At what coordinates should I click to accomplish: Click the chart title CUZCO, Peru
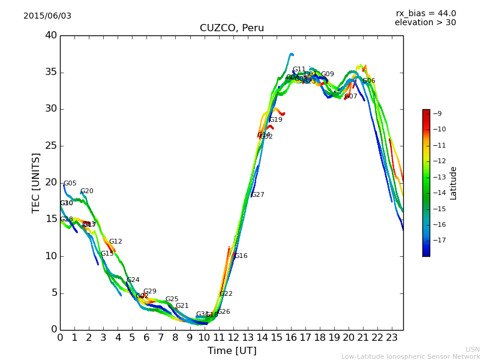coord(232,28)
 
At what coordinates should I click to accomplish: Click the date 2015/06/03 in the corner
coord(47,16)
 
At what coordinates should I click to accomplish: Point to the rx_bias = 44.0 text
coord(425,13)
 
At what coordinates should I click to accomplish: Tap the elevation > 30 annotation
coord(425,23)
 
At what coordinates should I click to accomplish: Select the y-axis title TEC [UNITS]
coord(37,182)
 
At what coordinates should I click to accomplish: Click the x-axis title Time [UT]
coord(232,351)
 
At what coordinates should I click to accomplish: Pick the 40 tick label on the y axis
coord(51,35)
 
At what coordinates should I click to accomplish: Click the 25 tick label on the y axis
coord(51,146)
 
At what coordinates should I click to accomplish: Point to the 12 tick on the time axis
coord(233,338)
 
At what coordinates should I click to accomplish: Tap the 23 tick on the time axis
coord(392,338)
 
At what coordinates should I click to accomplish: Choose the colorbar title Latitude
coord(454,183)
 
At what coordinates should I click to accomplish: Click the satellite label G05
coord(70,184)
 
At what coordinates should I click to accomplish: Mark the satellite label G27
coord(258,195)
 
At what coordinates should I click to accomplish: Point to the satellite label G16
coord(241,256)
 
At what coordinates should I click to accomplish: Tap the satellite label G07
coord(351,97)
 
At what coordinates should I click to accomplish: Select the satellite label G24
coord(133,280)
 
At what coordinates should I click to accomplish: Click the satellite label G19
coord(276,120)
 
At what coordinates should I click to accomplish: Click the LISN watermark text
coord(472,349)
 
